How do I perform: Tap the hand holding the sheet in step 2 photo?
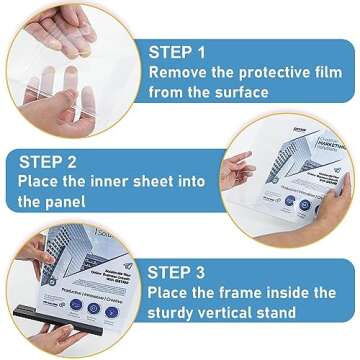[236, 170]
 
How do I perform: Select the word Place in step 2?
[40, 183]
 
